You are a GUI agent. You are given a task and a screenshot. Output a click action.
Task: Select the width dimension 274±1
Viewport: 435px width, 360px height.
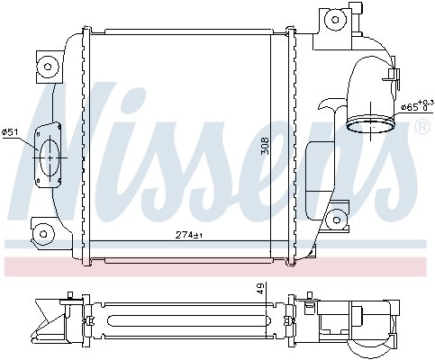click(190, 236)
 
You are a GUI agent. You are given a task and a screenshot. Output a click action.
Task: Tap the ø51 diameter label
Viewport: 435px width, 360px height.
click(11, 133)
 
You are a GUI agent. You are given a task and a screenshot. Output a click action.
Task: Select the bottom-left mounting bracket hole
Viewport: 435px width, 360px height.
click(41, 235)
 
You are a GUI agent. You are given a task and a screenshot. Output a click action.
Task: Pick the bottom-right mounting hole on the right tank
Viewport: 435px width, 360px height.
click(336, 218)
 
